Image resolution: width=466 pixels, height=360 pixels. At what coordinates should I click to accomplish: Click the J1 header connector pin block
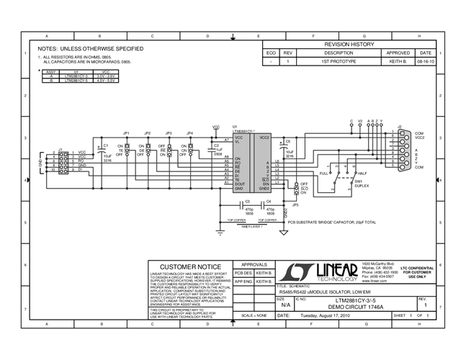(63, 162)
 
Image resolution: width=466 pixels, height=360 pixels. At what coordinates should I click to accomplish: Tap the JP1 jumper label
(127, 134)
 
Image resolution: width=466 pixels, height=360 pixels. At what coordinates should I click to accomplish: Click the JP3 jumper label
(168, 134)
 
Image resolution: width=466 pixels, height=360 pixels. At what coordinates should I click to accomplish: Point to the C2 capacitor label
(216, 145)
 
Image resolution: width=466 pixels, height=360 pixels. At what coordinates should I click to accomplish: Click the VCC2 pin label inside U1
(264, 137)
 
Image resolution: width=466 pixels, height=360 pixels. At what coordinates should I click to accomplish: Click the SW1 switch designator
(357, 182)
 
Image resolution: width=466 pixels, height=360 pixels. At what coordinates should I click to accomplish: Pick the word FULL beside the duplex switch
(323, 174)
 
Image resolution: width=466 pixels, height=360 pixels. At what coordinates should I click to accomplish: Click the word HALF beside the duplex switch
(362, 174)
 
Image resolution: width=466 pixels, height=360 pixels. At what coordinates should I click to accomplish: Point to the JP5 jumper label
(295, 204)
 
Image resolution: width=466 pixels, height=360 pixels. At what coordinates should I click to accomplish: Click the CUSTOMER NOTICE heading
(190, 266)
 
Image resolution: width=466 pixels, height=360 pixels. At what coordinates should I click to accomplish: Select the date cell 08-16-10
(425, 62)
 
